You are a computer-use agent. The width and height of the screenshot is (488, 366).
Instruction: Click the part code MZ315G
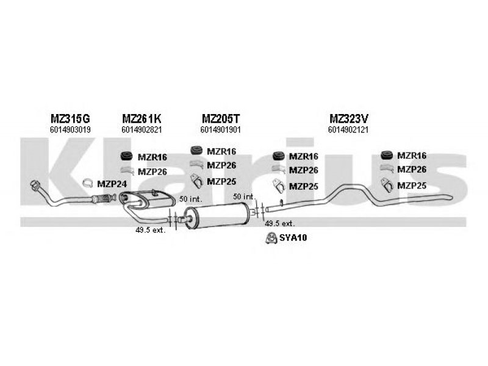pos(70,118)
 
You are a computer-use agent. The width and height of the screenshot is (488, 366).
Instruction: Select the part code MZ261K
pos(142,118)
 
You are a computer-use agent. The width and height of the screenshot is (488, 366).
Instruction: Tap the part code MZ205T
pos(221,118)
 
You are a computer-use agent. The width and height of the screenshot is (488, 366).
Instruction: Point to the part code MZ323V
pos(348,118)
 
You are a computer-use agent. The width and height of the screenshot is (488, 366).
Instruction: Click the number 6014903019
pos(70,129)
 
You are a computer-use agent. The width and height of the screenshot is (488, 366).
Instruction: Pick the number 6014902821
pos(142,129)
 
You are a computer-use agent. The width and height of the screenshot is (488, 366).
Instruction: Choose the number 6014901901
pos(221,129)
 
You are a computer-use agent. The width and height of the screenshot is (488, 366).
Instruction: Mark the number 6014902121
pos(348,129)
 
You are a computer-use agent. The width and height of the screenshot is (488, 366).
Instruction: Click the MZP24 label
pos(112,184)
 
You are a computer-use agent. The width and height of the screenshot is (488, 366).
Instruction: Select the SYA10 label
pos(293,238)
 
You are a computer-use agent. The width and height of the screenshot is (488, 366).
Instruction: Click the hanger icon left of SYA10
pos(271,238)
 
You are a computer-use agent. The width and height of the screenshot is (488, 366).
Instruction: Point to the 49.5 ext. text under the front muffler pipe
pos(150,231)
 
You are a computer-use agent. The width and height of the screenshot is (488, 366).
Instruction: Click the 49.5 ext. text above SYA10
pos(279,223)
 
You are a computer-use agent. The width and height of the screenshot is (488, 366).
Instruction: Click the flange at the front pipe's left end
pos(35,185)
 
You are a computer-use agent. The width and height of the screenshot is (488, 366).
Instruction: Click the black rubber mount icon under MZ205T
pos(196,150)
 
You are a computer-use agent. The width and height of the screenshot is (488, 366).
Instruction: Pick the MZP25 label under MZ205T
pos(221,181)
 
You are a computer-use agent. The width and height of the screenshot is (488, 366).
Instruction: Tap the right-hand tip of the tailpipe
pos(451,197)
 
